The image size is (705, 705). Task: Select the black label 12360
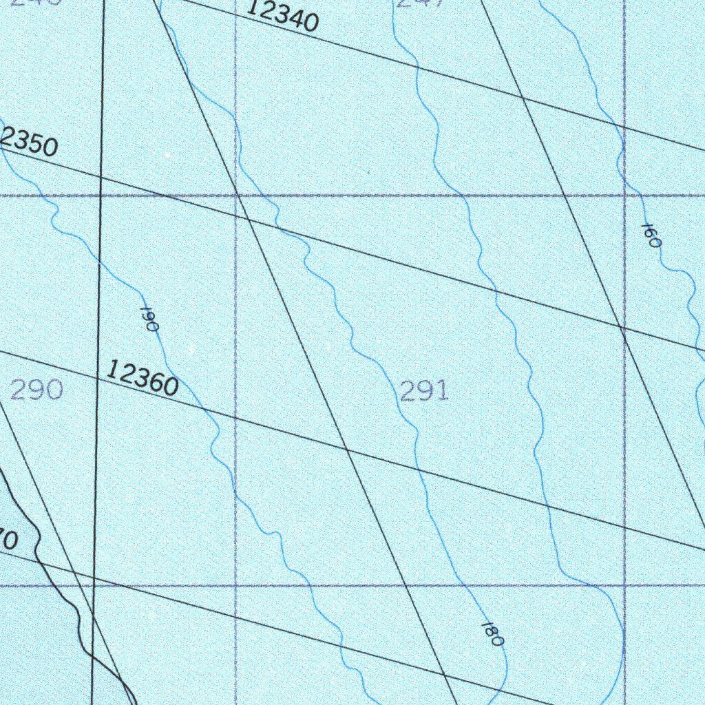143,379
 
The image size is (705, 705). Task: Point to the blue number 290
37,390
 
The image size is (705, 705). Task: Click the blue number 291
424,391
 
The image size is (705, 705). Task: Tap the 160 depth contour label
651,235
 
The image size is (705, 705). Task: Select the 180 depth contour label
492,633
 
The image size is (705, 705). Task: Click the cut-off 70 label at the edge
8,540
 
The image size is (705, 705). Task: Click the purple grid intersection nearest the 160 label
624,196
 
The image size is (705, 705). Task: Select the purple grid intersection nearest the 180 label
624,586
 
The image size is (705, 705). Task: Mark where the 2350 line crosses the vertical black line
101,177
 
